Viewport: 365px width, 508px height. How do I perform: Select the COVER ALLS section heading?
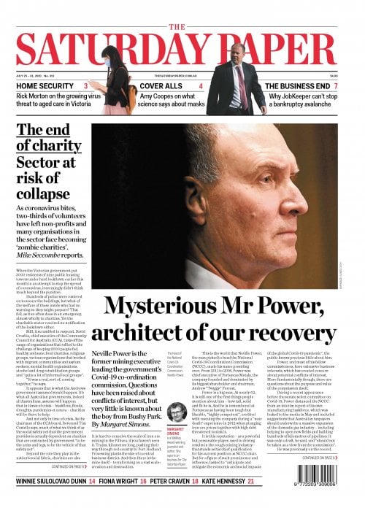[x=161, y=86]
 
